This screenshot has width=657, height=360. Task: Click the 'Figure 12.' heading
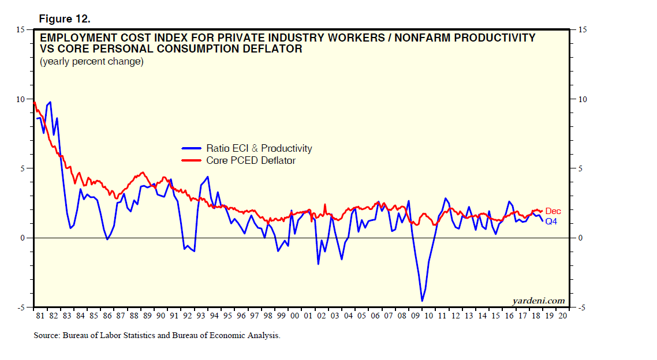[x=64, y=18]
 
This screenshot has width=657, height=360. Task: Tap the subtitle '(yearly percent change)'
[x=91, y=61]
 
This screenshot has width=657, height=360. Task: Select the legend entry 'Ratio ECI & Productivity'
[x=259, y=148]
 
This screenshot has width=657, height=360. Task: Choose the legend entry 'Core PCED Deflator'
[x=251, y=160]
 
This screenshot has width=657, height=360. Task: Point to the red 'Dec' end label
[x=553, y=211]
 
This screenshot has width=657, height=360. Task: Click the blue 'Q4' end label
[x=551, y=221]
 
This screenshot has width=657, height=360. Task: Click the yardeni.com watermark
[x=538, y=301]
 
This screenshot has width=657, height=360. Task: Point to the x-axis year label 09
[x=414, y=316]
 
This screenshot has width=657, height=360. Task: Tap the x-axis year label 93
[x=201, y=316]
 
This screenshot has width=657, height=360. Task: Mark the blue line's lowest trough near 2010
[x=422, y=301]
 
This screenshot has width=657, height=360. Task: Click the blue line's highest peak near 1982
[x=50, y=102]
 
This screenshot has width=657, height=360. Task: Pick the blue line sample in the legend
[x=192, y=148]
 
